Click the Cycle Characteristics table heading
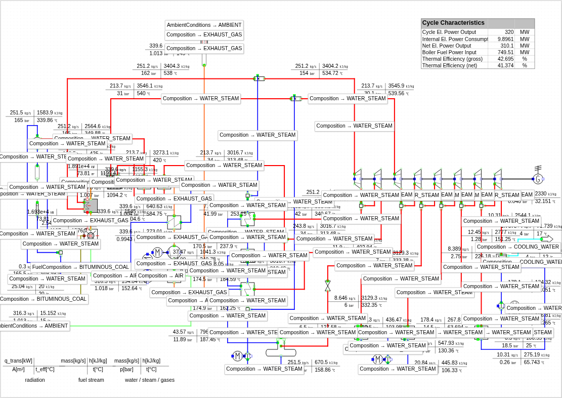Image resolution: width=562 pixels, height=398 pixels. coord(453,23)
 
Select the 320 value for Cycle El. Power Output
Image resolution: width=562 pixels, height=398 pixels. coord(508,32)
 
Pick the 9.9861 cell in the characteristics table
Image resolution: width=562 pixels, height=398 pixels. coord(505,39)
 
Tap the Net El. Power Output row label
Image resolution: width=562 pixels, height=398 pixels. coord(447,46)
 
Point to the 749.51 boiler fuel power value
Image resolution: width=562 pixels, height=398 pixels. coord(505,52)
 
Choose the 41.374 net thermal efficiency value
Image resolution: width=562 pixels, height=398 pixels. coord(505,65)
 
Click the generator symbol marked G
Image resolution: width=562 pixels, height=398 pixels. coord(538,179)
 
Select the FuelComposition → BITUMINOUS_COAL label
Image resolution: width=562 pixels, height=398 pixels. coord(80,267)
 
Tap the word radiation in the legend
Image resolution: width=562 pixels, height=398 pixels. coord(35,380)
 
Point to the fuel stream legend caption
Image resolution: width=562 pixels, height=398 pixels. coord(91,380)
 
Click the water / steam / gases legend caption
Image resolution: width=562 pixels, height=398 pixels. coord(150,380)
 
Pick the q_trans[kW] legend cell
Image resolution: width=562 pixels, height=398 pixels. coord(19,361)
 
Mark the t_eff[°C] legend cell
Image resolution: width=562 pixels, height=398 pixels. coord(45,369)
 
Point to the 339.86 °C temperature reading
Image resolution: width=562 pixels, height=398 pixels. coord(45,120)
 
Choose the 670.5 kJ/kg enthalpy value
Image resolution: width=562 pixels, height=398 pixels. coord(321,362)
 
